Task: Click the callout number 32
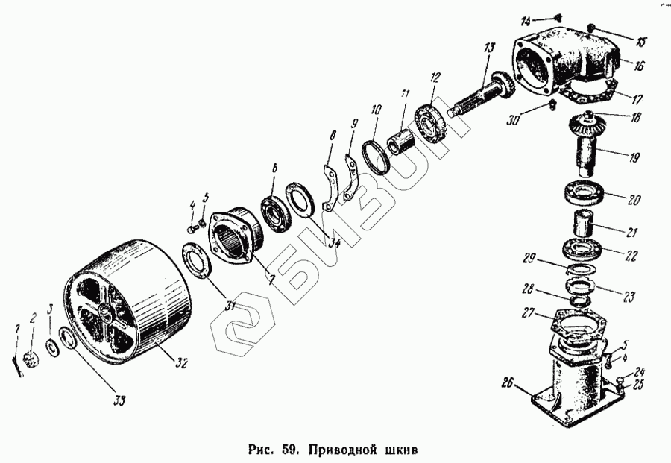(x=181, y=363)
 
